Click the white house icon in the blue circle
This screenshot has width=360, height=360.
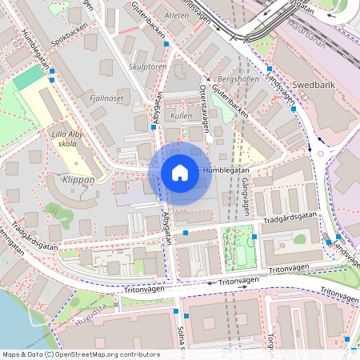pyautogui.click(x=180, y=172)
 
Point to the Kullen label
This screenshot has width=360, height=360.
pyautogui.click(x=182, y=116)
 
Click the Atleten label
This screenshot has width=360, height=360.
pyautogui.click(x=178, y=14)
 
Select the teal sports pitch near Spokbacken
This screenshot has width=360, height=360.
pyautogui.click(x=29, y=78)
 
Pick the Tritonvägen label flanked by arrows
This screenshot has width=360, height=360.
pyautogui.click(x=239, y=282)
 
